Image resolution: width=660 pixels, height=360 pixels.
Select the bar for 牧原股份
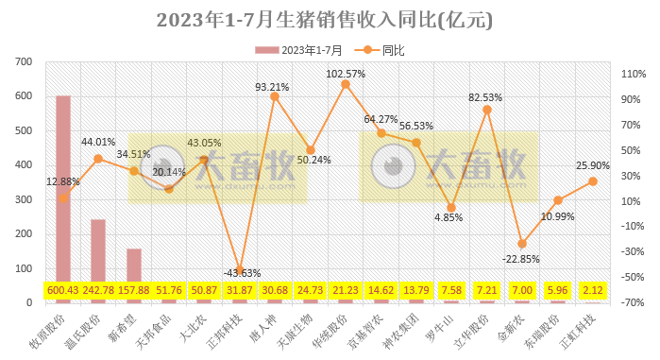click(x=63, y=189)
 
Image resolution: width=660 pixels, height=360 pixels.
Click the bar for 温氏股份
click(x=98, y=250)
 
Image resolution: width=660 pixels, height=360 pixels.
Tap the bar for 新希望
click(x=134, y=266)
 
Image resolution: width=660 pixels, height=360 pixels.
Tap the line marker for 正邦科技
click(x=240, y=272)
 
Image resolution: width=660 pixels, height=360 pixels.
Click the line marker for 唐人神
click(x=275, y=96)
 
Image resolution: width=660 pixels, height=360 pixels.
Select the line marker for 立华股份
click(x=486, y=110)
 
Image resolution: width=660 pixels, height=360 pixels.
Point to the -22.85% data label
click(x=522, y=259)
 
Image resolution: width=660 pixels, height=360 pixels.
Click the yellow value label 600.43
click(x=63, y=289)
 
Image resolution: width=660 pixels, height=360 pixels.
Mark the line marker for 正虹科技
click(x=593, y=181)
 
